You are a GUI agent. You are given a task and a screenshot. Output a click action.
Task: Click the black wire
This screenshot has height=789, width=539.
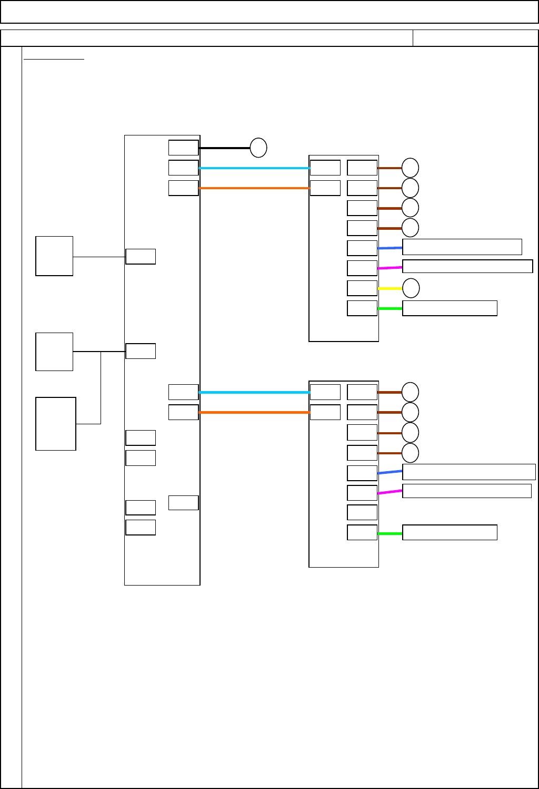coord(224,148)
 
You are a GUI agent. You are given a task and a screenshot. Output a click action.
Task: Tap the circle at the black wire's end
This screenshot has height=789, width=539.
coord(258,148)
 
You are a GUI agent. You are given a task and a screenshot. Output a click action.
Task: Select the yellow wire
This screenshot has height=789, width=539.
coord(390,288)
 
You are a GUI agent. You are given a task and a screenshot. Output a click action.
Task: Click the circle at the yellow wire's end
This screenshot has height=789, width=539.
coord(411,288)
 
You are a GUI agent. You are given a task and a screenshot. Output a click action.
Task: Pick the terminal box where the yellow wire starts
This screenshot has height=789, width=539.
coord(362,288)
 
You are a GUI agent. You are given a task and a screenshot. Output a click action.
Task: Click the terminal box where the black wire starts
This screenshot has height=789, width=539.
coord(183,148)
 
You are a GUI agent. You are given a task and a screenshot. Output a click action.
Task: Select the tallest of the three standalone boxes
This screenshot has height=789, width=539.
coord(56,424)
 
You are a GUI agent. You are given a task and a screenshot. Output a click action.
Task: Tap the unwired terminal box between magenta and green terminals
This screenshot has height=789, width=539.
coord(362,512)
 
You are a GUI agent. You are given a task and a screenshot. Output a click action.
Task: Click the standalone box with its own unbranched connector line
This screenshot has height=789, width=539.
coord(54,256)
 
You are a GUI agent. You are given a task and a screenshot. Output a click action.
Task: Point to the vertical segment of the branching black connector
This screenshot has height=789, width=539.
coord(101,387)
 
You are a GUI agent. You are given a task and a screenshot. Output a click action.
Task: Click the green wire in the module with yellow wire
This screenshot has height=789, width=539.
coord(390,308)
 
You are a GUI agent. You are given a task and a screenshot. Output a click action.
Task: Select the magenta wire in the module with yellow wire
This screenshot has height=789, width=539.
coord(390,268)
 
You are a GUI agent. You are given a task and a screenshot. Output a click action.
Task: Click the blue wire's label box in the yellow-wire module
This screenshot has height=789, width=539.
coord(462,247)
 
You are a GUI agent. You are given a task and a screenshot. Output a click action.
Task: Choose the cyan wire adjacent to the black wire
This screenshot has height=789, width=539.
coord(254,168)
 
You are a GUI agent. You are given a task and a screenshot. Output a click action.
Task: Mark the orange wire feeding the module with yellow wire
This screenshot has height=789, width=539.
coord(254,188)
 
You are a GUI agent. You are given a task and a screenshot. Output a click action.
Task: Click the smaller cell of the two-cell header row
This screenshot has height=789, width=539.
coord(475,38)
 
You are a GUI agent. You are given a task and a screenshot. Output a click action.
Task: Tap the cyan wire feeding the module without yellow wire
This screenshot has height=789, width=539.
coord(254,392)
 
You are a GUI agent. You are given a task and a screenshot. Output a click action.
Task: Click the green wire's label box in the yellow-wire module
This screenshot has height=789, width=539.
coord(450,308)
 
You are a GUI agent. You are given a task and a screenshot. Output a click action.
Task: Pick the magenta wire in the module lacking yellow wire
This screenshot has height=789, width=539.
coord(390,492)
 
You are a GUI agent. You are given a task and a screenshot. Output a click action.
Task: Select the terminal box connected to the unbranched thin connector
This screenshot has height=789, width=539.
coord(141,257)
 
